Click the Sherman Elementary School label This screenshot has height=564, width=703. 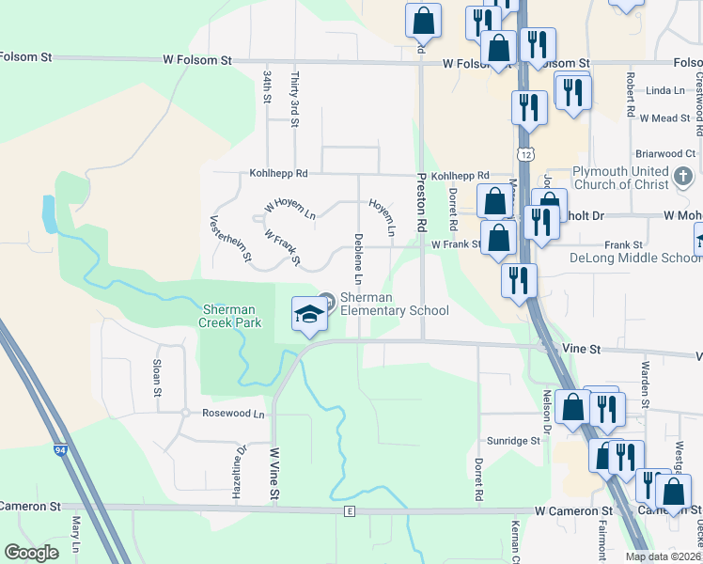[x=394, y=304]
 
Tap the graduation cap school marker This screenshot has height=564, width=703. [x=307, y=314]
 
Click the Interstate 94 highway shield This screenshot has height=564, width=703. [x=61, y=451]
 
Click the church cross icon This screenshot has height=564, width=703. [x=683, y=174]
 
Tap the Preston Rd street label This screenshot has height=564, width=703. [x=422, y=203]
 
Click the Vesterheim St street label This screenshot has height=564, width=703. [x=230, y=239]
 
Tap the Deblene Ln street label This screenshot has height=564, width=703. [x=358, y=258]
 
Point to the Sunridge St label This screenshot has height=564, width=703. [x=513, y=440]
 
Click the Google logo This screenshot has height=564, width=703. [x=32, y=553]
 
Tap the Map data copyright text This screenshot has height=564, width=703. [x=664, y=556]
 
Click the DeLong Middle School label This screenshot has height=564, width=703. [x=636, y=258]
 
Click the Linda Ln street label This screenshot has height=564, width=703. [x=666, y=90]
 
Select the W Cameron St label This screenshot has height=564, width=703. [x=573, y=510]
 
